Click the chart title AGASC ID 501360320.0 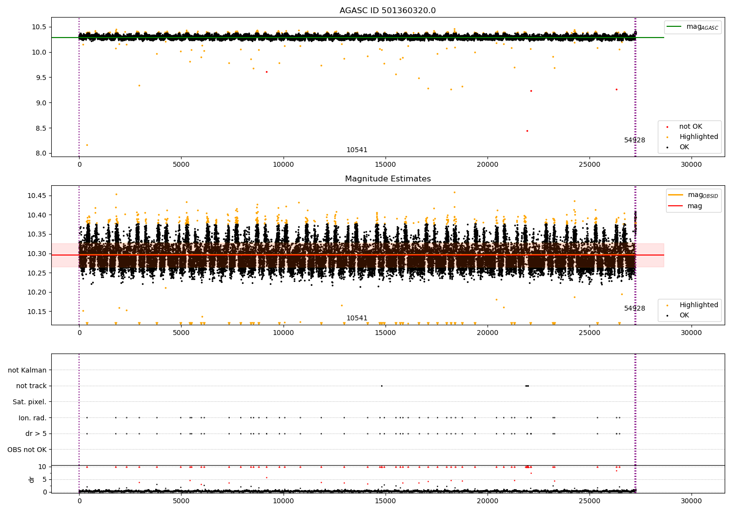pyautogui.click(x=387, y=11)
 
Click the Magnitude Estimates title pyautogui.click(x=387, y=179)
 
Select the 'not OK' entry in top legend pyautogui.click(x=690, y=127)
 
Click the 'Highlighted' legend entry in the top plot pyautogui.click(x=698, y=137)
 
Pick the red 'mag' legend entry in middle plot pyautogui.click(x=694, y=206)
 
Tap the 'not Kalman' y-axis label pyautogui.click(x=27, y=370)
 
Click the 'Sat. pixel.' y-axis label pyautogui.click(x=29, y=402)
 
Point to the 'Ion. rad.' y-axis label pyautogui.click(x=32, y=418)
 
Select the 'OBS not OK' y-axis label pyautogui.click(x=27, y=450)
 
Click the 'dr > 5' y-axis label pyautogui.click(x=36, y=433)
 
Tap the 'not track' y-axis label pyautogui.click(x=31, y=386)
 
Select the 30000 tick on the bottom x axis pyautogui.click(x=691, y=501)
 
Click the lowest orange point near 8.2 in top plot pyautogui.click(x=87, y=145)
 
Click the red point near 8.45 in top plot pyautogui.click(x=527, y=131)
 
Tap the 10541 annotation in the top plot pyautogui.click(x=357, y=150)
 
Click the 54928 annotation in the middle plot pyautogui.click(x=634, y=308)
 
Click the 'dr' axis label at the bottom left pyautogui.click(x=32, y=479)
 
